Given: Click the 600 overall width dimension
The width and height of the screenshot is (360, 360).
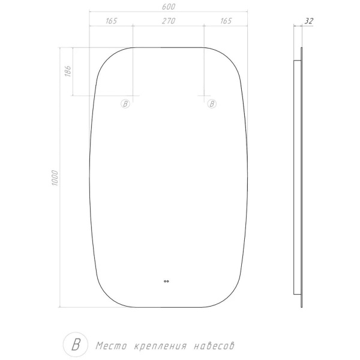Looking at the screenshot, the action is [x=169, y=7].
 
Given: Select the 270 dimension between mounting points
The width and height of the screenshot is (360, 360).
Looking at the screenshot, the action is [x=169, y=21].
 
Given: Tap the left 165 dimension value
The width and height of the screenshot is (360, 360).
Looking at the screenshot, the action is [x=111, y=21].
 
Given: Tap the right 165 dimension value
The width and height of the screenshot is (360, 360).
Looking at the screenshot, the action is [x=226, y=21].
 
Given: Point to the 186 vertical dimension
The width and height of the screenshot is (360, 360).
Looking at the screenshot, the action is [x=68, y=71].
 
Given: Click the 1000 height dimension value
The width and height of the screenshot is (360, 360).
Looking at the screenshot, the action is [x=55, y=178].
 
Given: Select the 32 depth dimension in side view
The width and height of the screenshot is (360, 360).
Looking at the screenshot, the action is [x=309, y=21].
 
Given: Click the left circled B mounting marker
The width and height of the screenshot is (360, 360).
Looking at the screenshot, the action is [x=125, y=104].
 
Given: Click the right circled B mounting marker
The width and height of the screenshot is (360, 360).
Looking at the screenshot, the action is [x=212, y=104].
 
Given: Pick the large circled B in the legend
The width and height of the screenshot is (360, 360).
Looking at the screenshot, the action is [x=76, y=344].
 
